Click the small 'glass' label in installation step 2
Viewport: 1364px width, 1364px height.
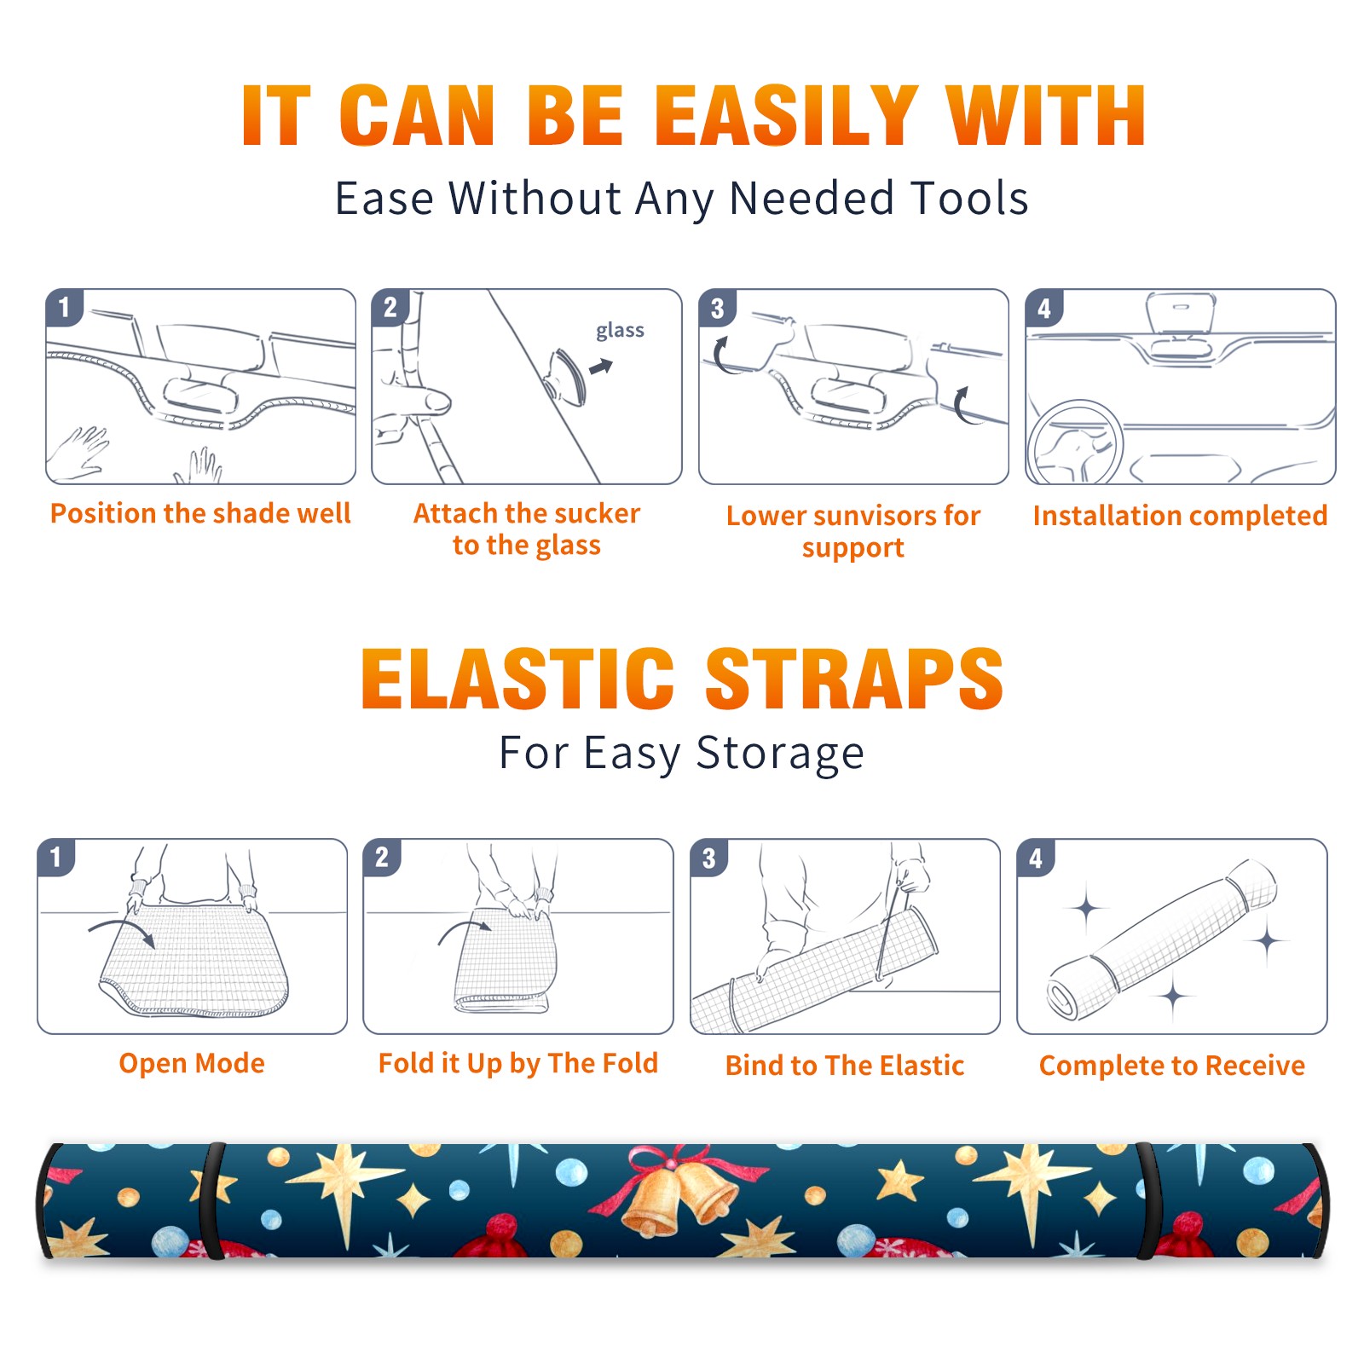click(x=620, y=331)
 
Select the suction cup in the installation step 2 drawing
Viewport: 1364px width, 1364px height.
click(x=566, y=376)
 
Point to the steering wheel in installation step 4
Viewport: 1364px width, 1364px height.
click(x=1073, y=442)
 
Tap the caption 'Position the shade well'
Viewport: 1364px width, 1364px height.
click(x=200, y=513)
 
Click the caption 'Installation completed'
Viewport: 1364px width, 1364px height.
click(x=1180, y=516)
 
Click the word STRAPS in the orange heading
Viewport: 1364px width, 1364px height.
click(x=854, y=679)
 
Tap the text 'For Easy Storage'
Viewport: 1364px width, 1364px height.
click(x=682, y=754)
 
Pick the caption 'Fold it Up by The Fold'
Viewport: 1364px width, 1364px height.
click(x=518, y=1064)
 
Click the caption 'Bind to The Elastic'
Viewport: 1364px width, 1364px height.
click(x=845, y=1066)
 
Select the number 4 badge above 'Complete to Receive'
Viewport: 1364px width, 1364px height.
click(x=1036, y=858)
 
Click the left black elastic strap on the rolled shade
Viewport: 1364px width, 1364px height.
click(x=212, y=1201)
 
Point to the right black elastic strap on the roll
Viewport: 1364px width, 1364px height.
click(x=1150, y=1201)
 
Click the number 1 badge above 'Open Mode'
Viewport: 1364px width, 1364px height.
click(x=56, y=858)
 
